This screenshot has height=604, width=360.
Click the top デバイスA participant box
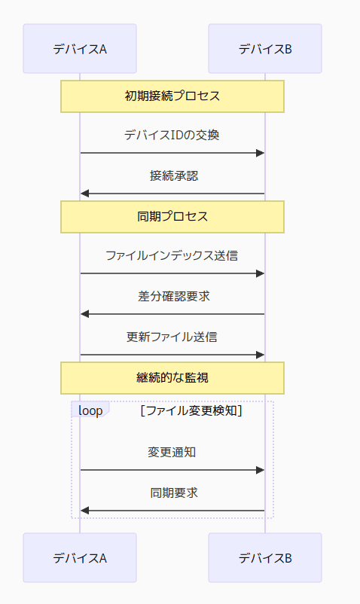[80, 49]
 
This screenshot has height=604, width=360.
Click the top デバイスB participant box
[265, 49]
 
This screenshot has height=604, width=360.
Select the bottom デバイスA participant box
[80, 558]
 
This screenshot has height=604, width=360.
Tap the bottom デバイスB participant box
[265, 558]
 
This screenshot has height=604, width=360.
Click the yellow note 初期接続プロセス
[172, 96]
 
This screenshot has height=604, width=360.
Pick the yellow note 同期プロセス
[172, 217]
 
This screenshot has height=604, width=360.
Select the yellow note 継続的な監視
[172, 378]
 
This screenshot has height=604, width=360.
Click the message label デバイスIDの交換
[172, 136]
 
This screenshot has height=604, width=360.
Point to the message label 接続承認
[173, 176]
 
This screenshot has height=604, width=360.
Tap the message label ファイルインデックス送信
[172, 256]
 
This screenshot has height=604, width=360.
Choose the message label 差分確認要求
[173, 296]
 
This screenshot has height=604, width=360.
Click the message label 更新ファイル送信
[172, 337]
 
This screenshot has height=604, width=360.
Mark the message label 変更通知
[172, 453]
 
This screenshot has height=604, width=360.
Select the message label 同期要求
[173, 493]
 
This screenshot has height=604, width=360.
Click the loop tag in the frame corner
[89, 410]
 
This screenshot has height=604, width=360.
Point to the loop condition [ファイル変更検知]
[191, 411]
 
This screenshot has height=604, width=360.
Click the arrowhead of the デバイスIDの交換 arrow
[260, 153]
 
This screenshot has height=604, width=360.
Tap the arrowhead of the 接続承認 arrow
[85, 194]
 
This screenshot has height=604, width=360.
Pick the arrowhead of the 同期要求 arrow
[85, 511]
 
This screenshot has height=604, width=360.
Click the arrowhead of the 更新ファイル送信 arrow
[260, 354]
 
